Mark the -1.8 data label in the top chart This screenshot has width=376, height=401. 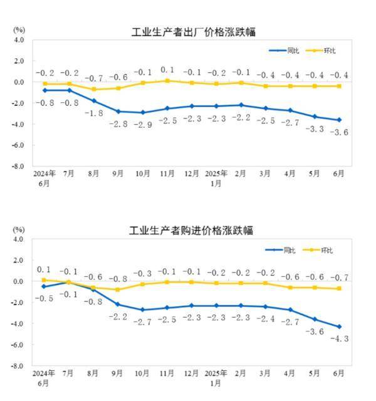(x=94, y=113)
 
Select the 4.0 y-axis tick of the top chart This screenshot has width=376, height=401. (x=19, y=39)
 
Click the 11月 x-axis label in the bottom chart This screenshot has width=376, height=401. (x=166, y=373)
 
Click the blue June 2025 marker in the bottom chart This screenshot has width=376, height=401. (x=339, y=326)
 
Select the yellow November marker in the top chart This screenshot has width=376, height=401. (x=167, y=81)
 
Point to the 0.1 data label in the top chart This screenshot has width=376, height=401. (x=167, y=70)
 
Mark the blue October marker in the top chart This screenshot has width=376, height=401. (x=143, y=113)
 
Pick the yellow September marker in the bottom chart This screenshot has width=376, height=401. (x=118, y=289)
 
